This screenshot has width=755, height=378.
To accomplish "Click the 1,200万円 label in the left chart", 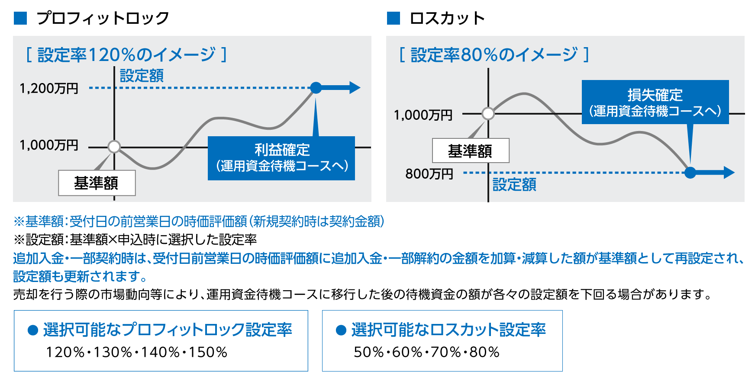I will (x=49, y=88).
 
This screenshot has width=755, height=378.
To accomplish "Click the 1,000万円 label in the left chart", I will (x=49, y=145).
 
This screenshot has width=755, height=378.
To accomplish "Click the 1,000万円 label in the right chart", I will (x=423, y=115).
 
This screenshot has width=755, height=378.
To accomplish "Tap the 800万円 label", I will (x=429, y=174).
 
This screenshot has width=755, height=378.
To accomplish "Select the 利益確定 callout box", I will (x=281, y=158).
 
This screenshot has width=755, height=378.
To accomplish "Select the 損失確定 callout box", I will (x=655, y=103).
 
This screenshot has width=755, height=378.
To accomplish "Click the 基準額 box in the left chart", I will (x=97, y=183).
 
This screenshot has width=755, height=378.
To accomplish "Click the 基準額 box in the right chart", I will (x=471, y=151).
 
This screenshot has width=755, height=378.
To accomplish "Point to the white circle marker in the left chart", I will (x=114, y=147).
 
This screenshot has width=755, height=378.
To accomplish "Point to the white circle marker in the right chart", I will (x=488, y=113).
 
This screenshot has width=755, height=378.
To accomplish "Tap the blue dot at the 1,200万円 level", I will (x=316, y=88).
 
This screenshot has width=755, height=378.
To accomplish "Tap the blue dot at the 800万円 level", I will (x=690, y=173).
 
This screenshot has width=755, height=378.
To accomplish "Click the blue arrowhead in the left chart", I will (x=355, y=88).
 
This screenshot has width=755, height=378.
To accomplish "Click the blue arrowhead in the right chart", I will (x=729, y=173).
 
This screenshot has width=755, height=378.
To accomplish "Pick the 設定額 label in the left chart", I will (x=142, y=76).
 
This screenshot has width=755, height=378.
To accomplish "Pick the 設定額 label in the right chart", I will (x=514, y=185).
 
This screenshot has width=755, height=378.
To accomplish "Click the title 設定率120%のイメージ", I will (x=126, y=55).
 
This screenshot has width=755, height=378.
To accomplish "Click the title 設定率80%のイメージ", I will (x=494, y=55).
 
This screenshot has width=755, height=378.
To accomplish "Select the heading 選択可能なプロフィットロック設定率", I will (x=168, y=330).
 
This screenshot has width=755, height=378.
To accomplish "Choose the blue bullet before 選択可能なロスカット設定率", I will (x=341, y=330).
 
